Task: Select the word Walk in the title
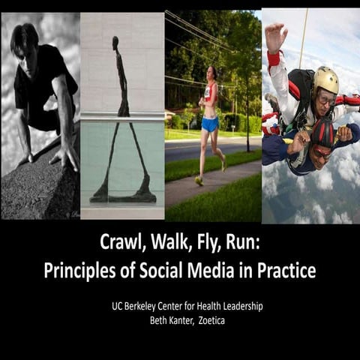click(x=166, y=243)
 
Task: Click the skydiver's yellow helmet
click(x=325, y=80)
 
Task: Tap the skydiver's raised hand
click(x=275, y=34)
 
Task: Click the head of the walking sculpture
click(x=115, y=41)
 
